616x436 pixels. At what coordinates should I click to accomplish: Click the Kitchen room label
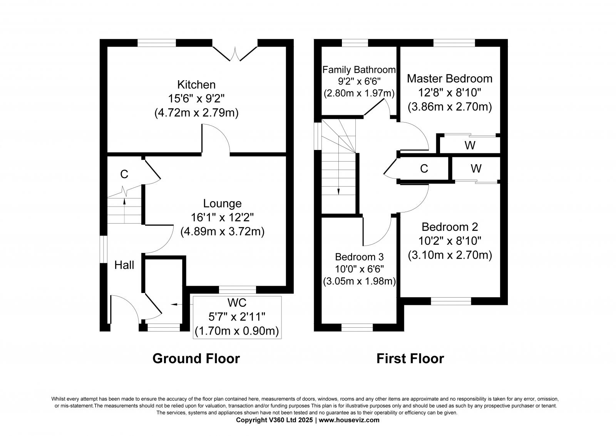pyautogui.click(x=196, y=84)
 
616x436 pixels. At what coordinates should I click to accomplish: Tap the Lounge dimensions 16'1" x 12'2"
pyautogui.click(x=222, y=217)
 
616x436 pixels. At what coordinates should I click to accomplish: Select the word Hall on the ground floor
pyautogui.click(x=124, y=265)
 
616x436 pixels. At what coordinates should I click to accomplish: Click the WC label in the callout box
pyautogui.click(x=237, y=302)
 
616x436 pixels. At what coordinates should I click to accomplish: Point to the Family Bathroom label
pyautogui.click(x=359, y=70)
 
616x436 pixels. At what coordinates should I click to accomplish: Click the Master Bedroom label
pyautogui.click(x=449, y=79)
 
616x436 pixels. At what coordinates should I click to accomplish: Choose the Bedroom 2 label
pyautogui.click(x=450, y=227)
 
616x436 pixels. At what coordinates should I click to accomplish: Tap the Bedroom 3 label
pyautogui.click(x=359, y=257)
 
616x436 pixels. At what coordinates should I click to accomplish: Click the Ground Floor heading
pyautogui.click(x=196, y=359)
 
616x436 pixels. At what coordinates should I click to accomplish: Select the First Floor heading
pyautogui.click(x=410, y=359)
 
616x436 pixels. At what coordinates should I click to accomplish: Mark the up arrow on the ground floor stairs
pyautogui.click(x=124, y=201)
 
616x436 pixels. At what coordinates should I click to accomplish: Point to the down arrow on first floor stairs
pyautogui.click(x=338, y=191)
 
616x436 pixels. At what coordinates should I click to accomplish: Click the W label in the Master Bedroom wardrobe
pyautogui.click(x=470, y=145)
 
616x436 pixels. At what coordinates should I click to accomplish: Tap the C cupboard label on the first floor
pyautogui.click(x=424, y=169)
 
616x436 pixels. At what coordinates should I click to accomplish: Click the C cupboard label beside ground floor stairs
pyautogui.click(x=124, y=175)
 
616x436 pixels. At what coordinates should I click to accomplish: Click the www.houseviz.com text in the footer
pyautogui.click(x=349, y=420)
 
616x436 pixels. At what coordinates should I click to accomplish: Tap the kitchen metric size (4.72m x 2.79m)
pyautogui.click(x=196, y=113)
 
